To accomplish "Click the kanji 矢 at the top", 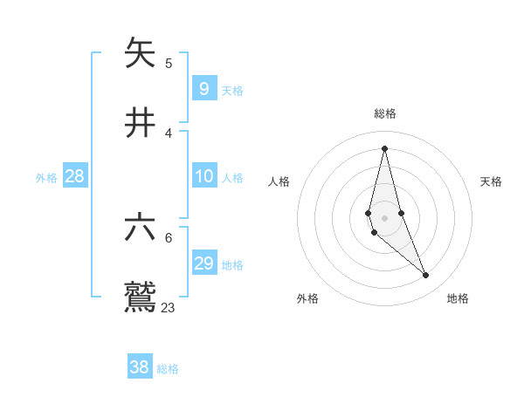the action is click(x=140, y=54).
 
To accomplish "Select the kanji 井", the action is click(x=140, y=124).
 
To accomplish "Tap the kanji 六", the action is click(x=140, y=229).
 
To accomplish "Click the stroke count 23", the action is click(x=169, y=307).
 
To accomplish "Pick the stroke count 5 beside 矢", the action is click(x=169, y=63).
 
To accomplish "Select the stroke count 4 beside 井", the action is click(x=169, y=133).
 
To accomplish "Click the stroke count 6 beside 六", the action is click(x=169, y=237).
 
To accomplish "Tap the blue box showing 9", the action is click(x=203, y=88).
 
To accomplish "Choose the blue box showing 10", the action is click(x=203, y=177).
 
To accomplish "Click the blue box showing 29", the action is click(x=203, y=263).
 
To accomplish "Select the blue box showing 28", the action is click(x=75, y=177).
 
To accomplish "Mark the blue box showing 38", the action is click(x=140, y=367).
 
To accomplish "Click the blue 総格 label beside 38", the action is click(x=168, y=369).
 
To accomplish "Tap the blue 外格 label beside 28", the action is click(x=46, y=178).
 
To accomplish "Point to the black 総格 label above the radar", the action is click(x=384, y=113).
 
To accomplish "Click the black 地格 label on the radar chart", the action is click(x=458, y=298).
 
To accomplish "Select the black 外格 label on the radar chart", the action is click(x=307, y=298).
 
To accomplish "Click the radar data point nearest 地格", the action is click(x=426, y=276).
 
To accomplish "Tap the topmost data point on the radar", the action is click(x=384, y=148).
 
